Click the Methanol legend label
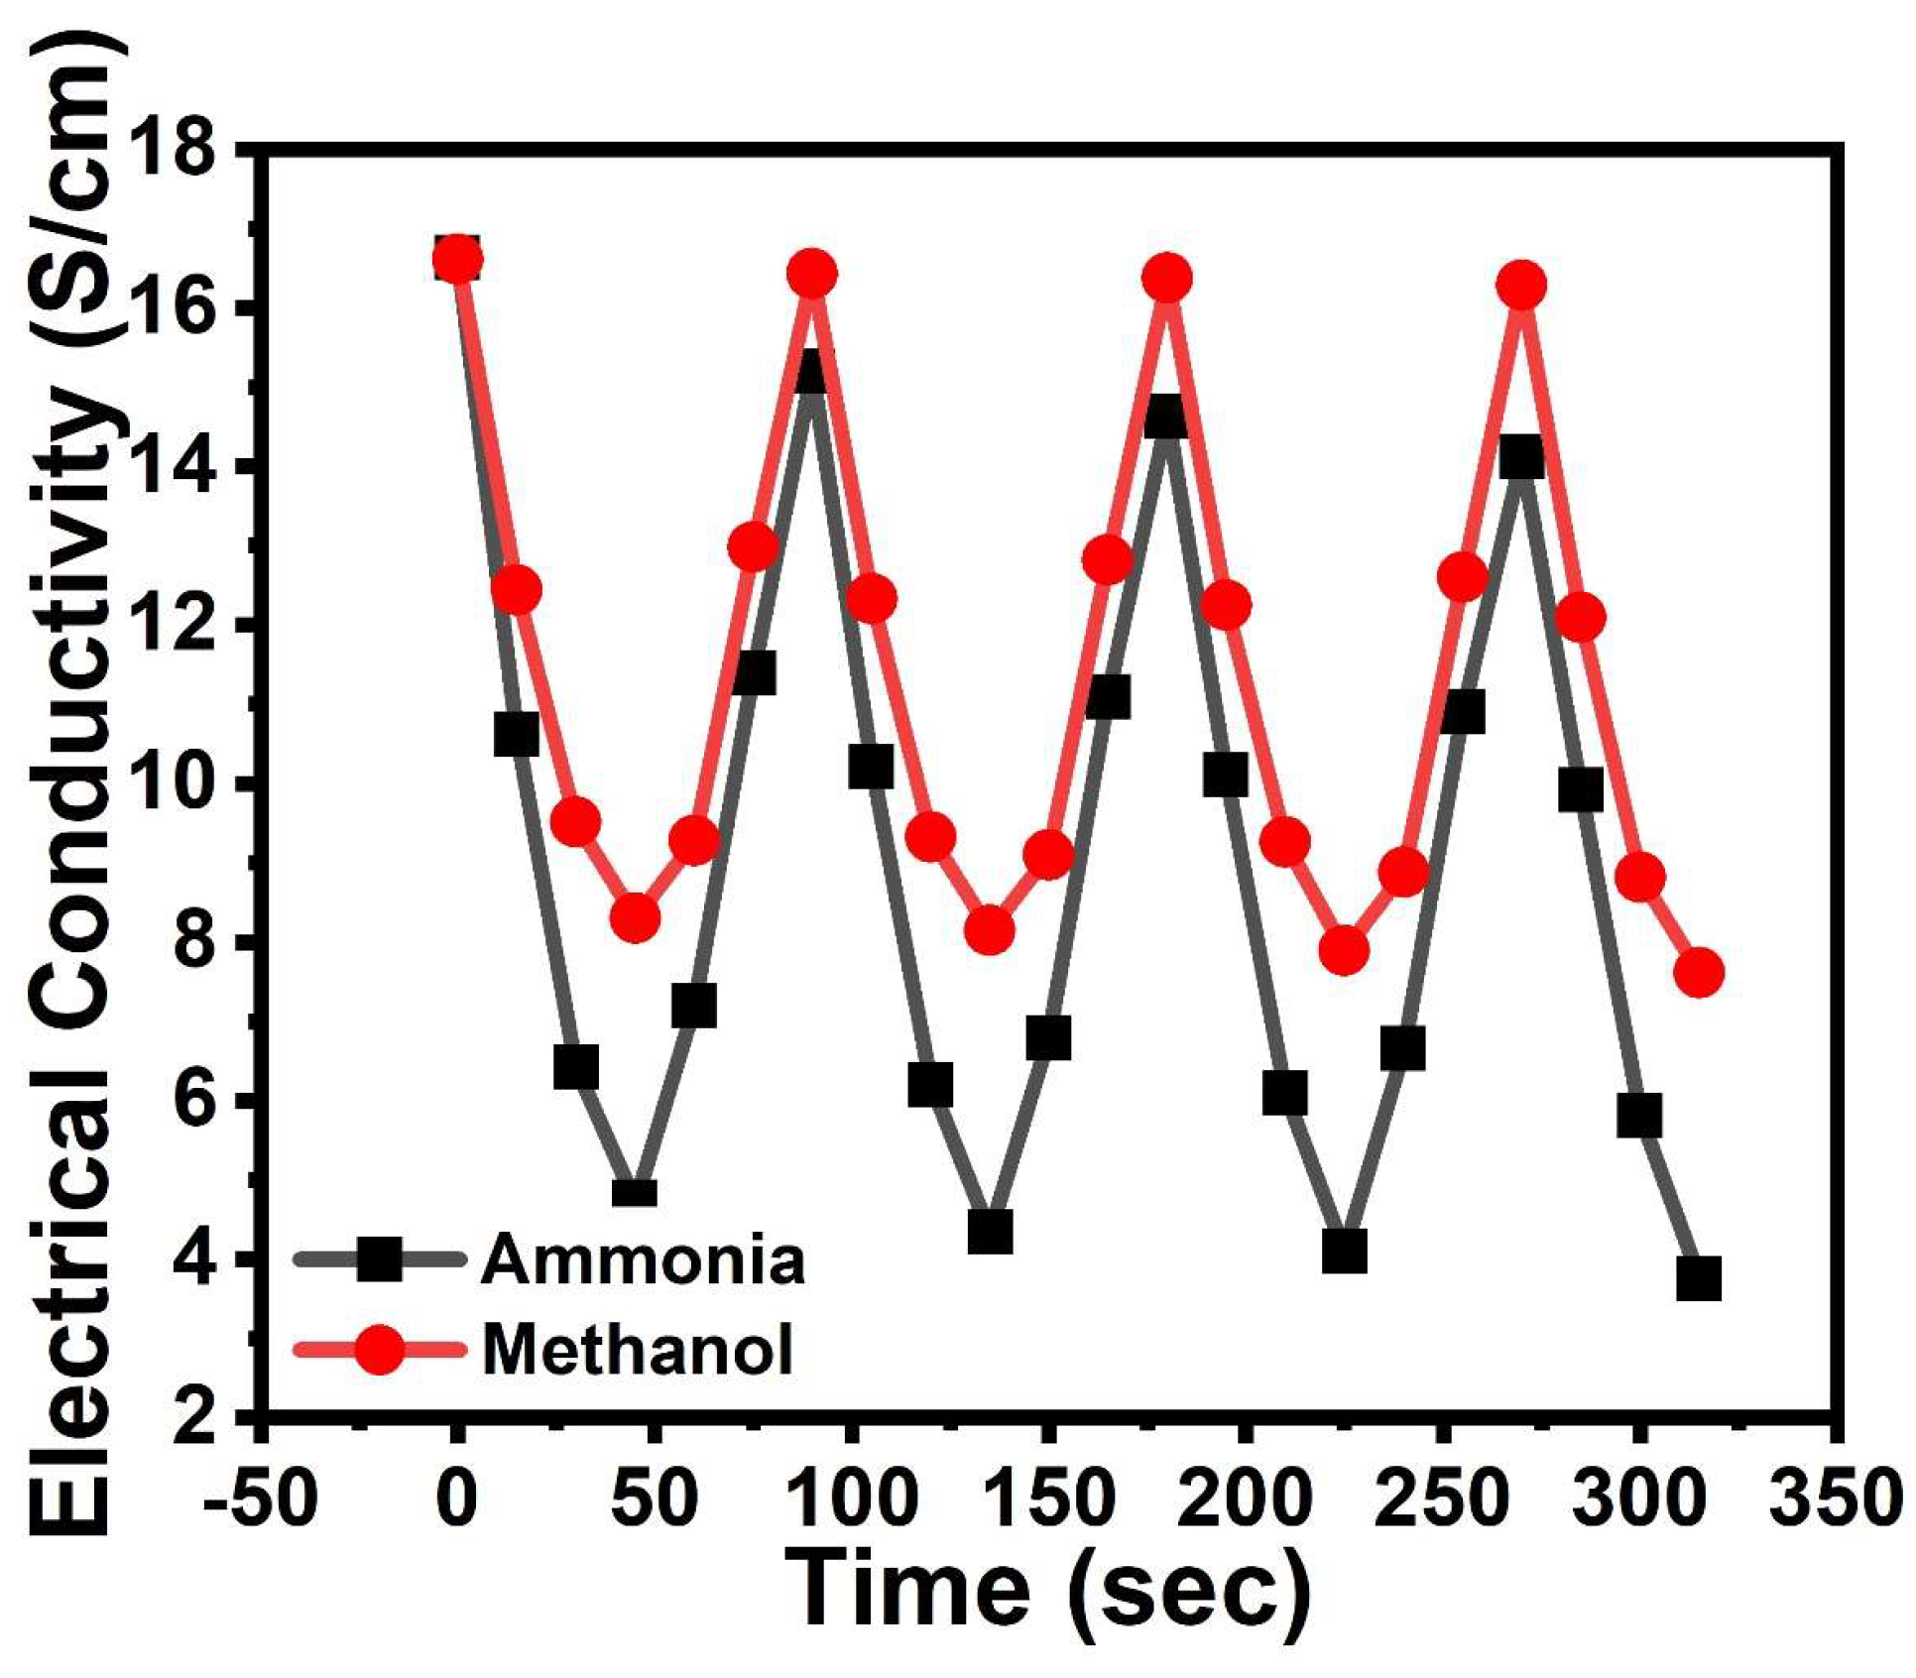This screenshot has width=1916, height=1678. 638,1350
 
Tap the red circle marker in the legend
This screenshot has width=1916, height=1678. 380,1350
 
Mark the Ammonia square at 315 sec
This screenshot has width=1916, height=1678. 1698,1279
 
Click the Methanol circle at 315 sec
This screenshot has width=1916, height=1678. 1699,972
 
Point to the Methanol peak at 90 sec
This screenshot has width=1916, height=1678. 812,273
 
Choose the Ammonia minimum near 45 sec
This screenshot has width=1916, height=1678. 635,1190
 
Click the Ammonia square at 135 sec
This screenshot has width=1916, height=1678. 990,1233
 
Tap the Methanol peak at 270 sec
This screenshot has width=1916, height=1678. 1521,286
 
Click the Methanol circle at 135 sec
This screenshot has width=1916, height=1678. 989,930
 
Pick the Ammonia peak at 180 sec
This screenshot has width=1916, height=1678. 1166,417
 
